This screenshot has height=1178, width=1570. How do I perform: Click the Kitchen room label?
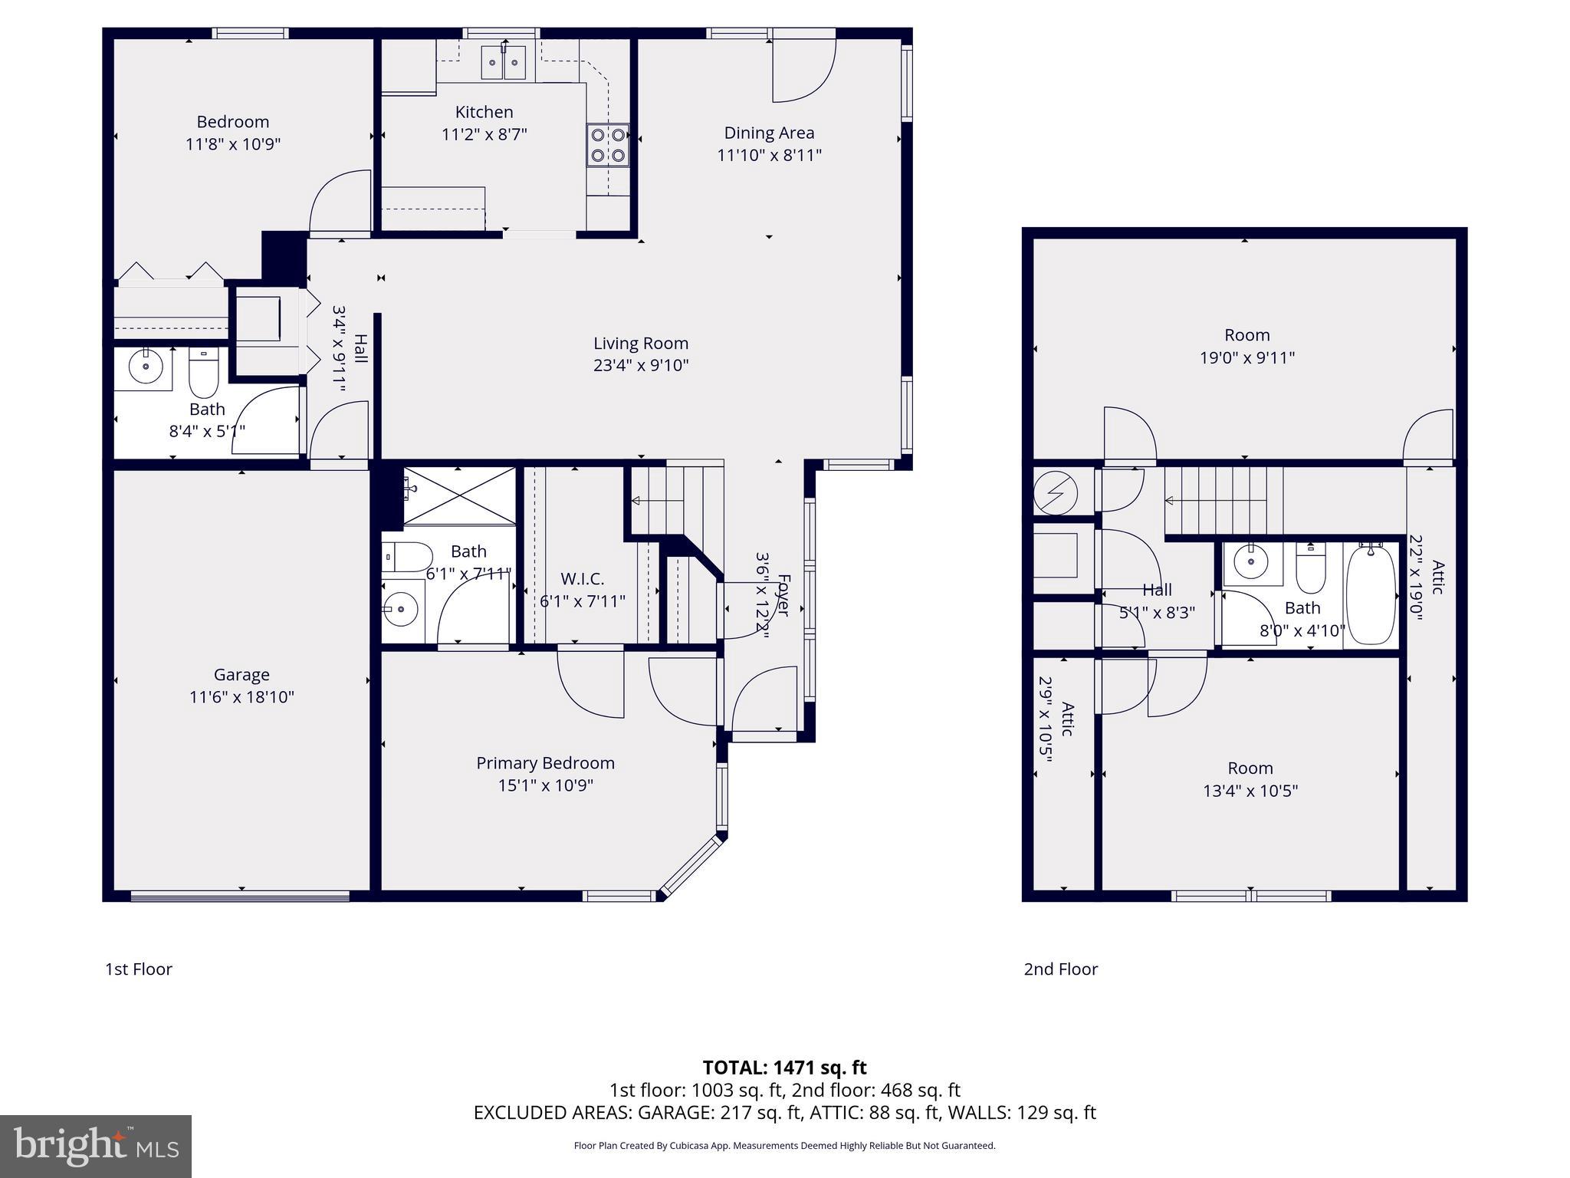point(484,112)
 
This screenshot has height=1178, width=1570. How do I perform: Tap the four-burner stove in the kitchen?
point(608,145)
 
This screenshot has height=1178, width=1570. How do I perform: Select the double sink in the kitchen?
point(504,62)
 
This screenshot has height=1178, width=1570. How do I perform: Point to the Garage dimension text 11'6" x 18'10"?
point(241,697)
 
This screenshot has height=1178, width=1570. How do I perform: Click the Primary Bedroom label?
point(545,763)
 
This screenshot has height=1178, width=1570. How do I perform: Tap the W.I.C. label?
point(582,579)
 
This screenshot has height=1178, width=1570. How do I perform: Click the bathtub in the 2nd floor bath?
point(1371,594)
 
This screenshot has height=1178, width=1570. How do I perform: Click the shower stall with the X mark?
point(459,495)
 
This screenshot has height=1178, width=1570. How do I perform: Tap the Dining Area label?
point(769,133)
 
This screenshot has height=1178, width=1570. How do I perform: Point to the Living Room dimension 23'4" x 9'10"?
point(641,365)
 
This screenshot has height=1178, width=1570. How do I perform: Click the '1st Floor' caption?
point(139,969)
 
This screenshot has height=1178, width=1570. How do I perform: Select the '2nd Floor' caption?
point(1061,969)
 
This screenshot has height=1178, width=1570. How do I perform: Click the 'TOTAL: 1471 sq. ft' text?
point(784,1067)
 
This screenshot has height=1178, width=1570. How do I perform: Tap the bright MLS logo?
point(96,1146)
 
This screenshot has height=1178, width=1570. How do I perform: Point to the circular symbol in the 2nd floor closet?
point(1055,492)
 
